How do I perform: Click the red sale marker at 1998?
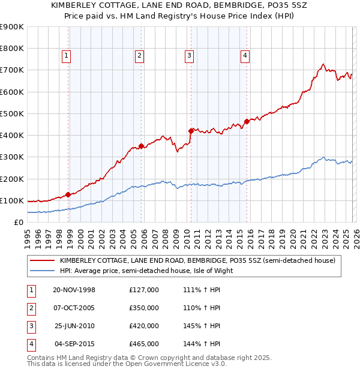tap(68, 194)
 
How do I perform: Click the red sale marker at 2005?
tap(141, 145)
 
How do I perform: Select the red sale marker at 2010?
tap(191, 130)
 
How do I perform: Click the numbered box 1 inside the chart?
tap(65, 56)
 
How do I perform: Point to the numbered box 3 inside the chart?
tap(189, 56)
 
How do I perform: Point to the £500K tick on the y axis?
tap(12, 113)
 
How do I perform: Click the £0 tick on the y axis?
tap(18, 222)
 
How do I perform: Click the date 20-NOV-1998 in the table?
tap(74, 290)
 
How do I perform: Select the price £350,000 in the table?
tap(144, 308)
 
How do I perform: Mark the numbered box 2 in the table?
tap(31, 308)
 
